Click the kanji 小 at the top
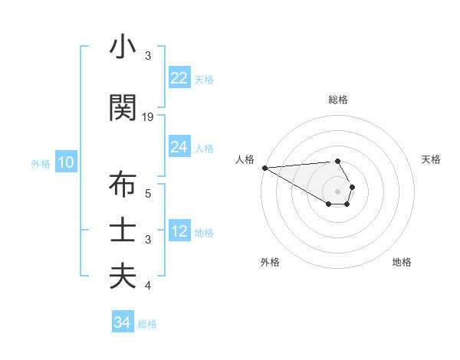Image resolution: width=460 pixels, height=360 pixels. click(122, 47)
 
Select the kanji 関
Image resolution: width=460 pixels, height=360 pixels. click(122, 108)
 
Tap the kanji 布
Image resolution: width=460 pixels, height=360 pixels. click(122, 185)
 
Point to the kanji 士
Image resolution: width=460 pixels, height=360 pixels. click(122, 231)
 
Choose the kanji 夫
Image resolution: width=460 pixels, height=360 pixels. click(122, 277)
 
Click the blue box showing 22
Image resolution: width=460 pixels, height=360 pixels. click(179, 78)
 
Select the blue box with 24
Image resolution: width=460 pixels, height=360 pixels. click(179, 147)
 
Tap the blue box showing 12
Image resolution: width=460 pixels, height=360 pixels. click(179, 231)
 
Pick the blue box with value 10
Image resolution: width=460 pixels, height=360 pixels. click(66, 162)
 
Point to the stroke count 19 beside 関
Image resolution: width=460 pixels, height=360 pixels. click(149, 117)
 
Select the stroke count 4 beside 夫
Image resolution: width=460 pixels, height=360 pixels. click(149, 286)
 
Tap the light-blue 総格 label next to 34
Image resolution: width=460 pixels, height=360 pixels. click(147, 324)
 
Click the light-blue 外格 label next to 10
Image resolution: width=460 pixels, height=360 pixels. click(41, 163)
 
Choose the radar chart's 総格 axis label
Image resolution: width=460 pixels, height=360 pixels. click(338, 100)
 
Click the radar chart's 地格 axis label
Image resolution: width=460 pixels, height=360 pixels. click(402, 262)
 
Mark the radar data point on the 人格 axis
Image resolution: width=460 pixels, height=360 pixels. click(264, 168)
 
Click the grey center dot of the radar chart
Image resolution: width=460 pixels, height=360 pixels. click(338, 191)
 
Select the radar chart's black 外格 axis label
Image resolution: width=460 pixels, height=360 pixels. click(270, 262)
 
